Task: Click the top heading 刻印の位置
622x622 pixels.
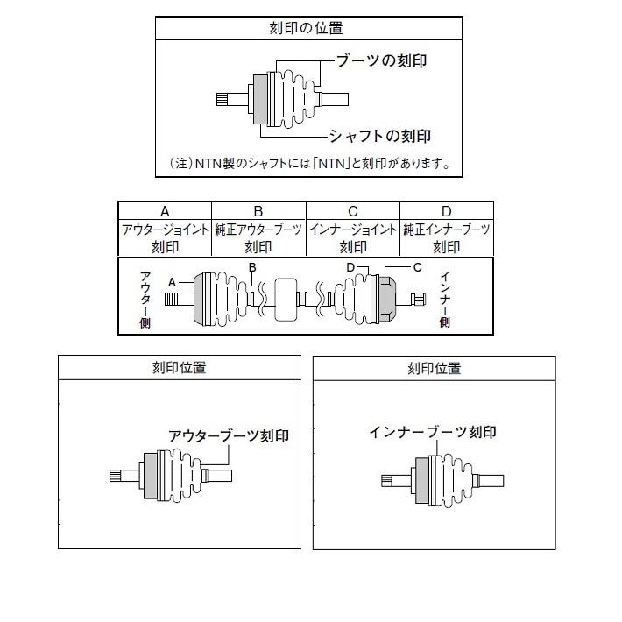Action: pos(306,28)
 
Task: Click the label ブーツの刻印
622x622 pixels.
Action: pos(381,60)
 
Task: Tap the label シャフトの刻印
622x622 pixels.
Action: pos(380,136)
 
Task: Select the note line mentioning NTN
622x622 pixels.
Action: pos(310,163)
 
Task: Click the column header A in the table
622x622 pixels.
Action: pos(165,211)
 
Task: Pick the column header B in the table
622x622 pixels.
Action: pos(258,211)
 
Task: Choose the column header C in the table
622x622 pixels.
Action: pos(353,211)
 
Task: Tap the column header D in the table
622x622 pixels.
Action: pos(446,211)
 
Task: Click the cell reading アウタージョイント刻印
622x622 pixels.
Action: pos(165,238)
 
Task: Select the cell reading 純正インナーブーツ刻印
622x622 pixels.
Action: pos(446,238)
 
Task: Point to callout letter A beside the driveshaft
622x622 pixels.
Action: pos(172,282)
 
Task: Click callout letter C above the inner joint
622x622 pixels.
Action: pos(417,267)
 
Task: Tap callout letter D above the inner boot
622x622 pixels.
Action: pos(350,267)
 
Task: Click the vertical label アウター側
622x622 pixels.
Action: pos(145,300)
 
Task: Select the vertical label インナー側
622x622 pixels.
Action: pos(445,300)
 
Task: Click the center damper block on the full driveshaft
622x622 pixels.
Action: pos(286,299)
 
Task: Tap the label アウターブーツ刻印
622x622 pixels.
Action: pos(229,436)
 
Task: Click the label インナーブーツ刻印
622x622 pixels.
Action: pos(433,432)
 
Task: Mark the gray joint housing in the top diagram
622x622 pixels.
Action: pos(260,99)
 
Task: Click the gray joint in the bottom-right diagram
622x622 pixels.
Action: pos(422,480)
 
